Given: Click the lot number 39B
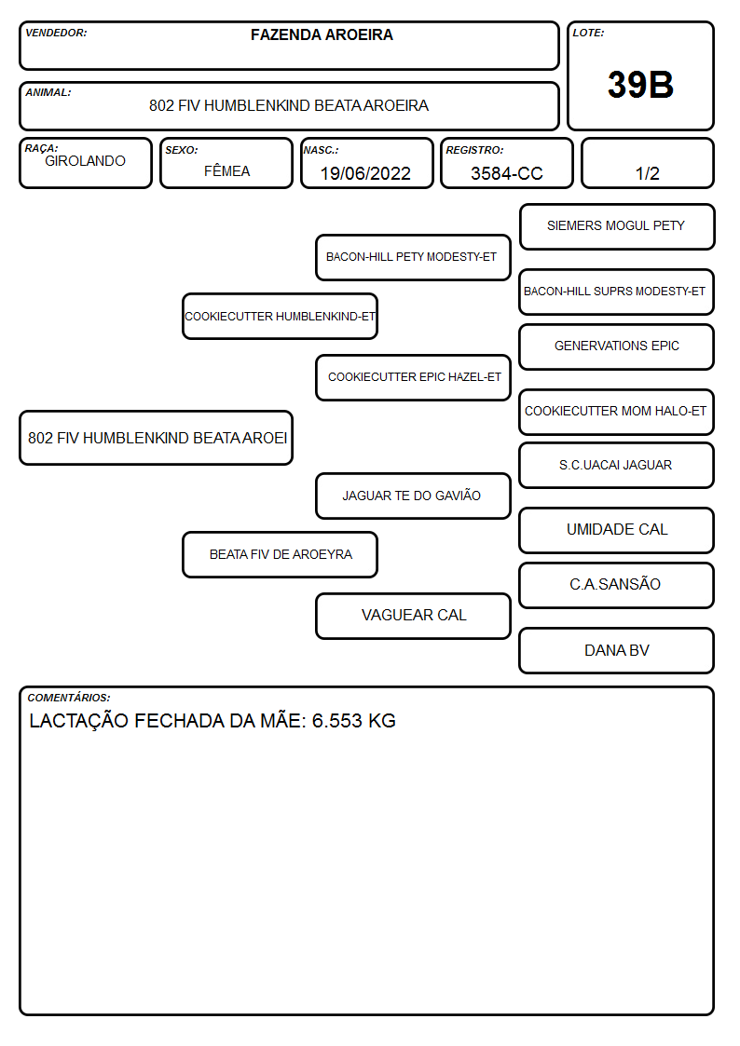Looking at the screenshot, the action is pos(640,85).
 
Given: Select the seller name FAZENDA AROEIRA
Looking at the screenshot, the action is pos(322,34).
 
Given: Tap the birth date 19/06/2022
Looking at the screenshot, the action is pos(365,173).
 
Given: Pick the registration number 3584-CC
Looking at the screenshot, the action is pos(506,173).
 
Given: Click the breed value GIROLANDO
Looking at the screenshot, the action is pos(85,161).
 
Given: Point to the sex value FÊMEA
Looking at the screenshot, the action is pos(226,170).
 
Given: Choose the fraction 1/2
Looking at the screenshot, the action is pos(647,173).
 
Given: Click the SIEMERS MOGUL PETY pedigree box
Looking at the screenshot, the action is pos(617,227).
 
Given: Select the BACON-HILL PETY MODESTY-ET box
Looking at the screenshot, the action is pos(413,257).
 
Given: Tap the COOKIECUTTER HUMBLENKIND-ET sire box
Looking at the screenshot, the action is pos(280,316).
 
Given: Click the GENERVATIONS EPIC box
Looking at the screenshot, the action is pos(617,346).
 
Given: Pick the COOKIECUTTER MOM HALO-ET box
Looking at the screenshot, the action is pos(617,412).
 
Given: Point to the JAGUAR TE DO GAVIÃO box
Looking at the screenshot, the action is pos(413,496).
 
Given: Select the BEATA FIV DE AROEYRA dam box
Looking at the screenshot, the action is pos(280,554).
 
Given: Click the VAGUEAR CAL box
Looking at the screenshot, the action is pos(413,616).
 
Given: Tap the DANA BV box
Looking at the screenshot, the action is pos(617,650).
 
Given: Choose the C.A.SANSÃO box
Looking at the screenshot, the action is pos(617,585).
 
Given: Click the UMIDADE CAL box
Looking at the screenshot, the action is pos(617,530).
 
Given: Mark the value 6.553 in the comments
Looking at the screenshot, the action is pos(337,721).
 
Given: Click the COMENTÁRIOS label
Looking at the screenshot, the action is pos(69,698).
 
